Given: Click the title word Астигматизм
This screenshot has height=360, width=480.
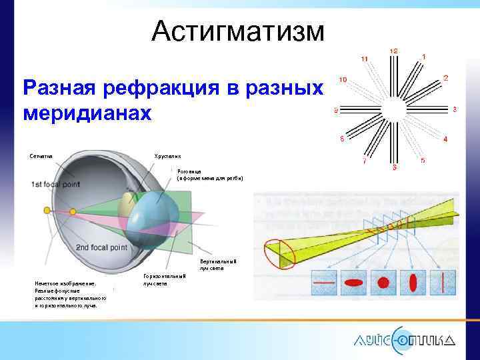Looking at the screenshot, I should (238, 31).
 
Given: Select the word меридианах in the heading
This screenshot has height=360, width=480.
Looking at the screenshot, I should (87, 112).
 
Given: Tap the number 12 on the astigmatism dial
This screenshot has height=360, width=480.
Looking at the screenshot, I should (394, 51).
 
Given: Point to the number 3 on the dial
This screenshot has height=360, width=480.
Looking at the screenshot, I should (454, 109).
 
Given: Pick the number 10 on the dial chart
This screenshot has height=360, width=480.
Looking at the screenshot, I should (342, 79).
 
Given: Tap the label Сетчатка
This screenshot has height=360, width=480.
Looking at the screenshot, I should (41, 156).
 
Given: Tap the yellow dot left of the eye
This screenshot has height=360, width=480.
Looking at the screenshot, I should (47, 211).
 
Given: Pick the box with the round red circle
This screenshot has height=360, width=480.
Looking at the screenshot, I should (383, 282).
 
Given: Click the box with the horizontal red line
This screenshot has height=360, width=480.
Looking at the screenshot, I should (326, 282).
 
